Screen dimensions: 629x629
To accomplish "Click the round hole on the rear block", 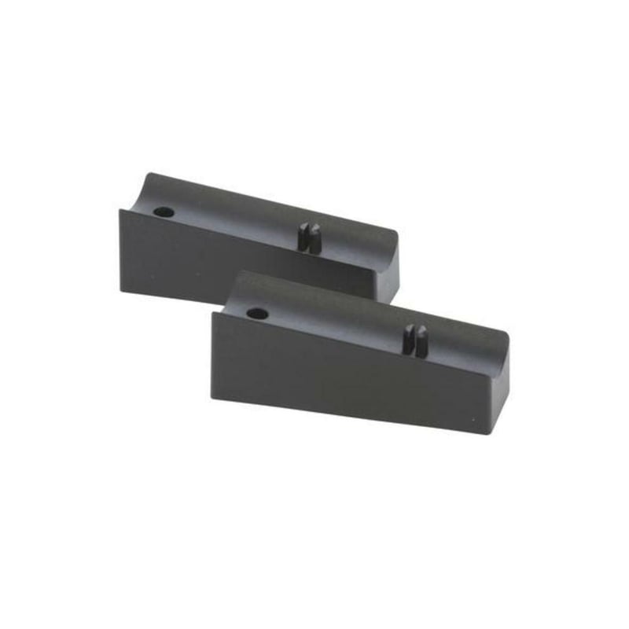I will coord(164,212).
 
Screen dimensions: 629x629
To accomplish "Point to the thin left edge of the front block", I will coord(213,354).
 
